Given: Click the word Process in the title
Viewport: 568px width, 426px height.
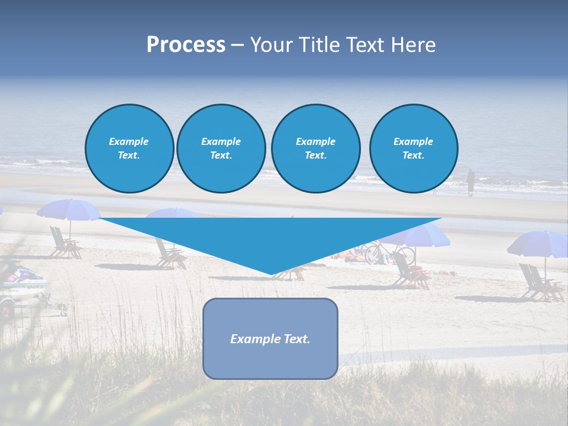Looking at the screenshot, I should tap(186, 45).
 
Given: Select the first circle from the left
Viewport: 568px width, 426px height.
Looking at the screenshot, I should tap(129, 149).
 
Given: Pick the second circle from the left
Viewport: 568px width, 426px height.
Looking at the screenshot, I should tap(221, 149).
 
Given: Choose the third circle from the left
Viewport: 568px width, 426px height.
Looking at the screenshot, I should tap(315, 149).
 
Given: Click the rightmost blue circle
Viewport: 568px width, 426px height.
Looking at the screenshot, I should tap(413, 149).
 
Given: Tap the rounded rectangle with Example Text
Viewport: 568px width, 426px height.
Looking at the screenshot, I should tap(270, 338).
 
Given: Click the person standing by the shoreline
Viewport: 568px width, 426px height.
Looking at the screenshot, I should tap(470, 182).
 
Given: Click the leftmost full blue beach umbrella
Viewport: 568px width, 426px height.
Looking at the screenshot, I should tap(68, 210).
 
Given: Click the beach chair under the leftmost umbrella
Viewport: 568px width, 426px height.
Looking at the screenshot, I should tap(63, 244).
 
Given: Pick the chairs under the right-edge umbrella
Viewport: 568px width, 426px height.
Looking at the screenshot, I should tap(538, 283).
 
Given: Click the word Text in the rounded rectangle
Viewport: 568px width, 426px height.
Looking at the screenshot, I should tap(295, 339).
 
